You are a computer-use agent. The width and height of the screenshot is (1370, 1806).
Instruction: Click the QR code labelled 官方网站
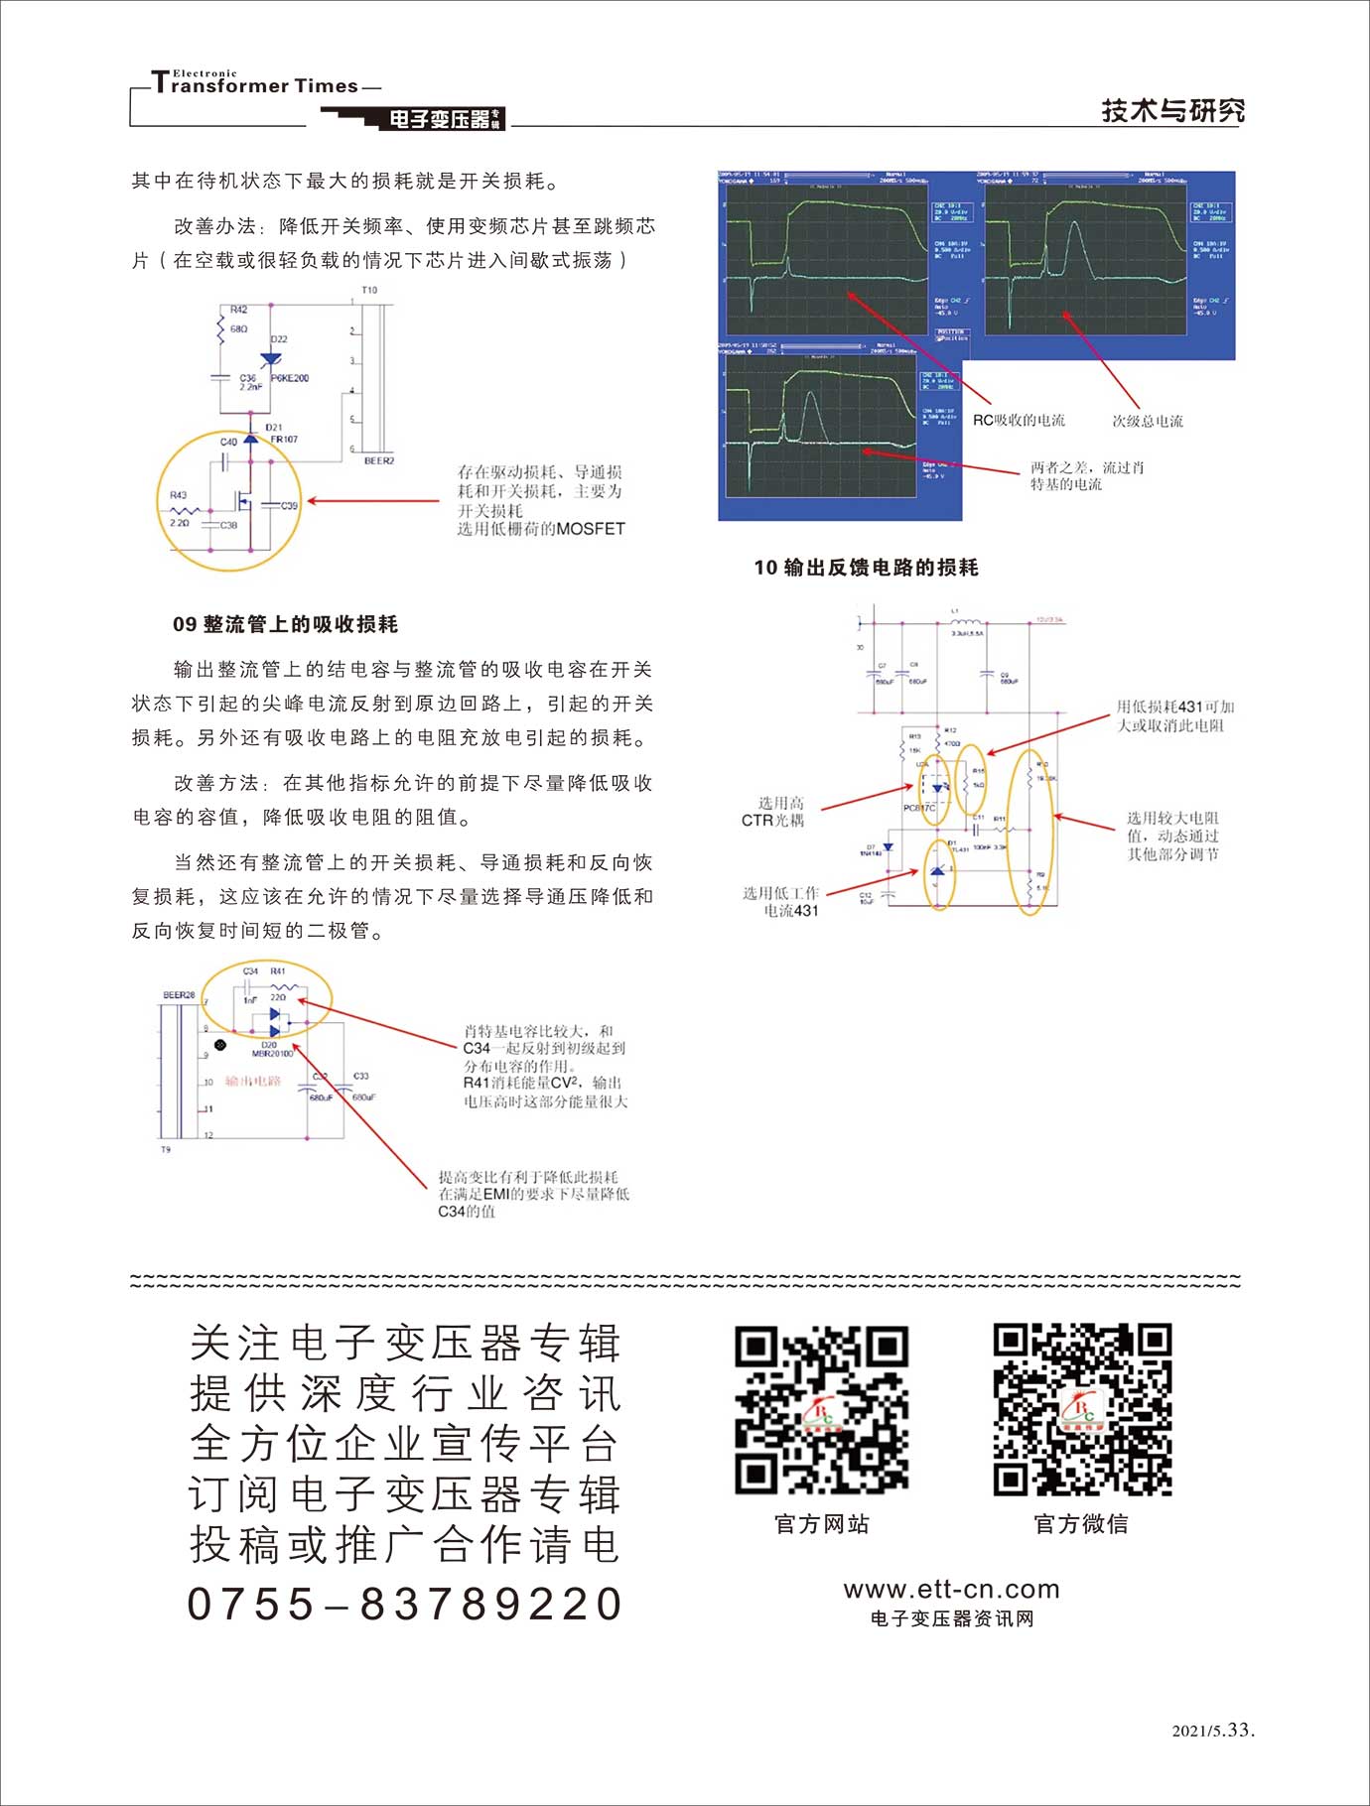pos(821,1409)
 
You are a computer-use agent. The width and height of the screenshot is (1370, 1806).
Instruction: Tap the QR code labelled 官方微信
pos(1082,1409)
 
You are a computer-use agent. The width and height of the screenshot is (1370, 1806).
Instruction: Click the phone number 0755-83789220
pos(405,1604)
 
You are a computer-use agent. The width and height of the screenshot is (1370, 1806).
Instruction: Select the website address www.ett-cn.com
pos(951,1589)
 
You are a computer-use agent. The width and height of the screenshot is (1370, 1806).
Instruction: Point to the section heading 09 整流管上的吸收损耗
pos(285,624)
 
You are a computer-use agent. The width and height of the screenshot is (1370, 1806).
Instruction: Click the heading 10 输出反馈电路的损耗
pos(866,568)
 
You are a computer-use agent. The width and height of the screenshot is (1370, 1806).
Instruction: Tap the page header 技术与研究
pos(1172,110)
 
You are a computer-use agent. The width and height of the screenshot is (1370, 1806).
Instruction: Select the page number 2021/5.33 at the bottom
pos(1213,1731)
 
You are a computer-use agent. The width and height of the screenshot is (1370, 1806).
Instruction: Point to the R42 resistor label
pos(238,310)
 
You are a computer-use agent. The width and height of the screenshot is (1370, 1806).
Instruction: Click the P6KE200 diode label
pos(290,378)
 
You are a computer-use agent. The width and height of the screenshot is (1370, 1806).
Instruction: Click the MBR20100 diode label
pos(272,1053)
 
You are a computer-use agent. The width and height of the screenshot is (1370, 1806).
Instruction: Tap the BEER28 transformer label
pos(179,994)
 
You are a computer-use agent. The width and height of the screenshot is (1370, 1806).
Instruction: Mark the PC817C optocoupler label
pos(918,808)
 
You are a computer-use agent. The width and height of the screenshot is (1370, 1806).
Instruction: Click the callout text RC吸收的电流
pos(1019,421)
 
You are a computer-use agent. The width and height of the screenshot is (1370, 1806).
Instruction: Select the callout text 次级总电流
pos(1147,421)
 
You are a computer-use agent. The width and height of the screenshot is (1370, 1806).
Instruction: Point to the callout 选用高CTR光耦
pos(774,812)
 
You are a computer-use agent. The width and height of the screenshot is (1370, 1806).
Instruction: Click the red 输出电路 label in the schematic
pos(253,1082)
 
